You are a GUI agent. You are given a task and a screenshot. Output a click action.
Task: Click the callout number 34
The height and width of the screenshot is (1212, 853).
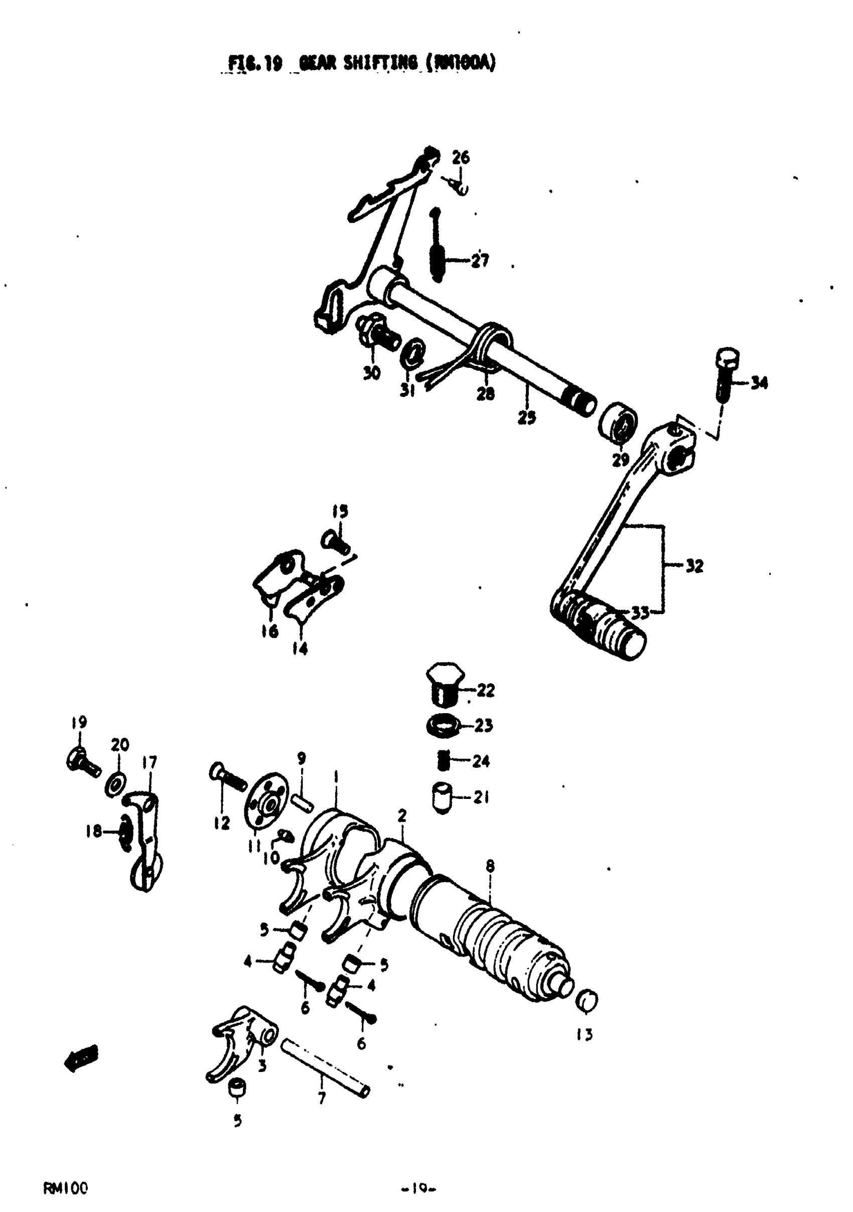tap(759, 383)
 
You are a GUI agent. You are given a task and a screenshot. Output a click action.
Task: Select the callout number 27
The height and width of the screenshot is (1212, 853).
tap(480, 260)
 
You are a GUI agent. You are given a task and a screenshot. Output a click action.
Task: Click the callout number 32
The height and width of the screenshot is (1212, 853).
tap(694, 567)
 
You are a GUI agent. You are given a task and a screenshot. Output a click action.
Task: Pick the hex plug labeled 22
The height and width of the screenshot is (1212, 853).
tap(445, 685)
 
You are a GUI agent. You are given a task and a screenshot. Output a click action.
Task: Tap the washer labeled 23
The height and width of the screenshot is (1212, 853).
tap(443, 725)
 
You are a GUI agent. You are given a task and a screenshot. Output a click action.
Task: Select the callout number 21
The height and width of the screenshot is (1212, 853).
tap(480, 797)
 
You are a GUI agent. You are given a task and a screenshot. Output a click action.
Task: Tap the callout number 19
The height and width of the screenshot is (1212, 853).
tap(79, 722)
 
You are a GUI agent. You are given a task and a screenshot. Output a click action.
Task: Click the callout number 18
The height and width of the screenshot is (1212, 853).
tap(93, 832)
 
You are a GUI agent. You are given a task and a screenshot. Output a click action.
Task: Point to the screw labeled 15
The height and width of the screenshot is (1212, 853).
tap(335, 541)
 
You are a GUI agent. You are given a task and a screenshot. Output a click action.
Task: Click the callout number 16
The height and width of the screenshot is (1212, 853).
tap(270, 631)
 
